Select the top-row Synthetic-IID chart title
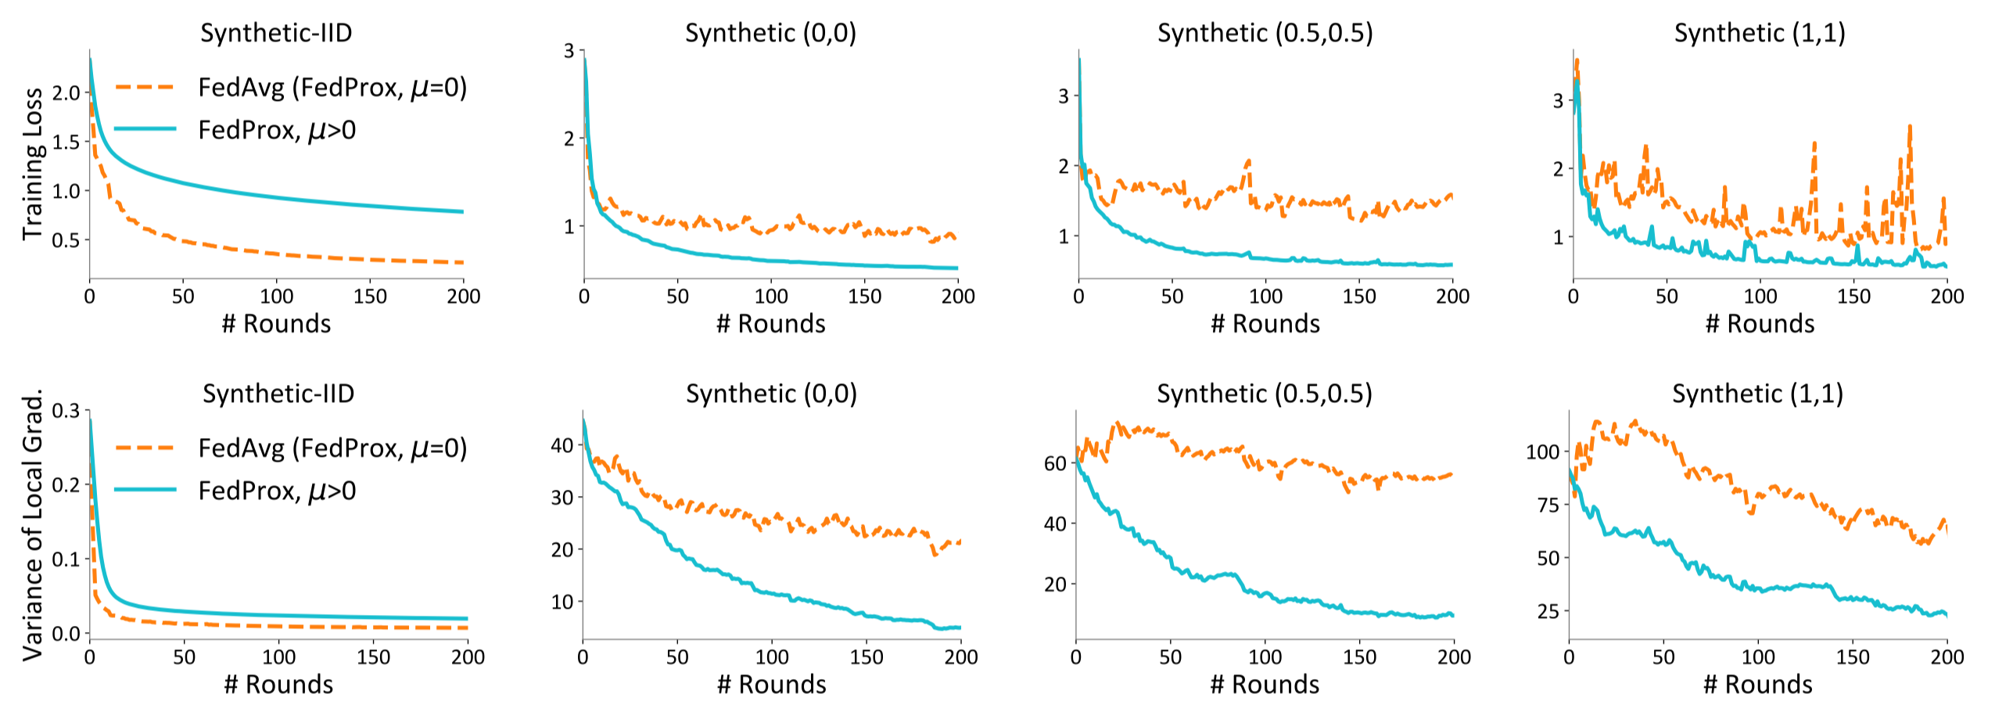click(x=276, y=33)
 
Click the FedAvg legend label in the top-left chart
click(x=332, y=88)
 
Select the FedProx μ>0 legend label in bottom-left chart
click(x=277, y=491)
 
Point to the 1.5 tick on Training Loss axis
click(x=66, y=142)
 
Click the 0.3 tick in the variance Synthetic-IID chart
click(x=66, y=410)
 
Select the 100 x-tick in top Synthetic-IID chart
click(x=276, y=297)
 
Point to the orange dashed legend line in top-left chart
click(x=145, y=88)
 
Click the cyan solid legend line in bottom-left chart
click(x=145, y=491)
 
